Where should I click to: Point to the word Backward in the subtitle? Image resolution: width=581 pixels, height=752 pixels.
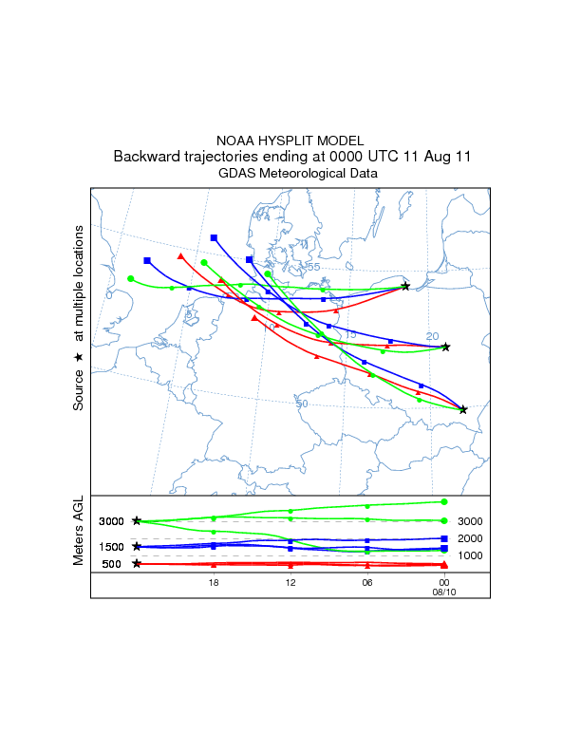tap(145, 156)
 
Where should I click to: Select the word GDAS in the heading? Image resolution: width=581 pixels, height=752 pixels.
tap(235, 174)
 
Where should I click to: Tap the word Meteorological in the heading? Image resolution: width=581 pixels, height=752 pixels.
tap(301, 174)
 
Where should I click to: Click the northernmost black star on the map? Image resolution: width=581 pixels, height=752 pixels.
tap(405, 286)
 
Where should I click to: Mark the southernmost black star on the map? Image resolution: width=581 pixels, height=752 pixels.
tap(463, 409)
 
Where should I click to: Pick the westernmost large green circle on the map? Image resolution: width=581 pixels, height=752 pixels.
tap(131, 278)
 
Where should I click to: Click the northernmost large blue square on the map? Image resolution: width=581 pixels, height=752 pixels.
tap(214, 237)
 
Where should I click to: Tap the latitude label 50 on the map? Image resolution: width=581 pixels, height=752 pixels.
tap(302, 404)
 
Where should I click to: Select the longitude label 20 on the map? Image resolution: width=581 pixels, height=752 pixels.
tap(432, 336)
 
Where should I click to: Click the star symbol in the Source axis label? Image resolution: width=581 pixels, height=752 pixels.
tap(79, 355)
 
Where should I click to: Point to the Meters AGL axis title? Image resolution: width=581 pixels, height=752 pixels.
tap(79, 533)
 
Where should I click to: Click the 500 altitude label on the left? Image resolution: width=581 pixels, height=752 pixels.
tap(111, 565)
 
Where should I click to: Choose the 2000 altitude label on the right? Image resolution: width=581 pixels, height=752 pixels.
tap(471, 538)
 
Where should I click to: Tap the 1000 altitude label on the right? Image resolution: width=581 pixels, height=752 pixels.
tap(471, 555)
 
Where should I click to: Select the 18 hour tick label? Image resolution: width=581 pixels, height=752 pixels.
tap(214, 581)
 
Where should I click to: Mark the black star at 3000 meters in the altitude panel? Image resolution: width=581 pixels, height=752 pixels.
tap(137, 520)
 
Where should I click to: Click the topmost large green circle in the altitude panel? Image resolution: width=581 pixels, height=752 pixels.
tap(444, 501)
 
